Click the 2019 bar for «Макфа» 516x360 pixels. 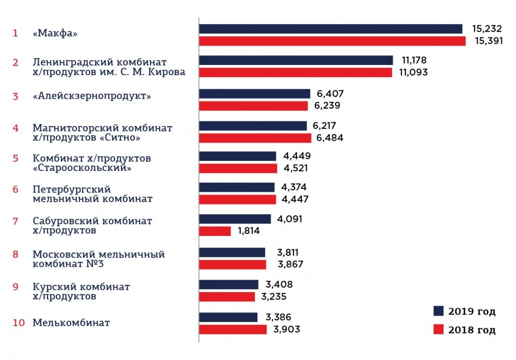[331, 29]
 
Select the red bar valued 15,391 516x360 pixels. [333, 41]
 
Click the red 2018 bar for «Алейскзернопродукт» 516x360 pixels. [253, 106]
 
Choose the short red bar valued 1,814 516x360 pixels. [215, 231]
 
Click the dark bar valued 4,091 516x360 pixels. [235, 219]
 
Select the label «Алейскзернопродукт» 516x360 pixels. [92, 96]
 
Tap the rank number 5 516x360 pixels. [16, 158]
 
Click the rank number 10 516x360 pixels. [19, 323]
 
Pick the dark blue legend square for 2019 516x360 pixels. [438, 311]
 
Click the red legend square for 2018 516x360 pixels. [438, 330]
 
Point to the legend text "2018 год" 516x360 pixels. [472, 330]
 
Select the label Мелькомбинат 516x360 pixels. [71, 323]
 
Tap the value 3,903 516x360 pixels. [287, 329]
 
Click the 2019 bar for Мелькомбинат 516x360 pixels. [228, 317]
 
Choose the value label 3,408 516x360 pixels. [279, 284]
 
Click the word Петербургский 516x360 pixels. [72, 189]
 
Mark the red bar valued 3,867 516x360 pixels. [232, 264]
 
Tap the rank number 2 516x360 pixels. [16, 63]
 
